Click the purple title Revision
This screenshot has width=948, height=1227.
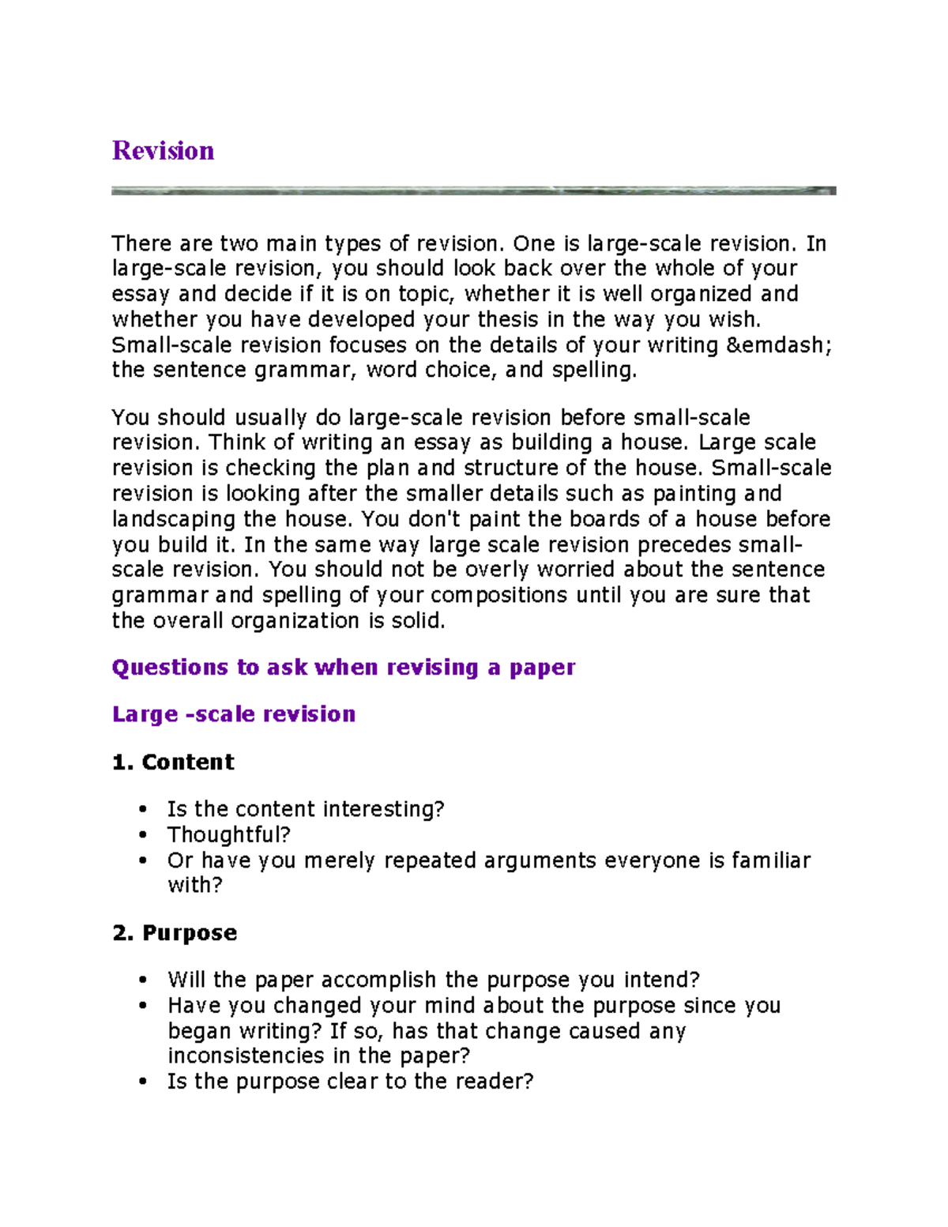tap(163, 150)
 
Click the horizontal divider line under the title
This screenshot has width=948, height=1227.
tap(473, 190)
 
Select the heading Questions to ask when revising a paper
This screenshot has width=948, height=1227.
tap(344, 668)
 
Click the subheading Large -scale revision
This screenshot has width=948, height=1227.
tap(234, 714)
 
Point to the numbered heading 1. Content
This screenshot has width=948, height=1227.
tap(173, 762)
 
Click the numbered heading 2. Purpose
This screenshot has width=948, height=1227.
tap(175, 933)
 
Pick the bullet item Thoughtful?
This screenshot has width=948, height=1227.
tap(229, 834)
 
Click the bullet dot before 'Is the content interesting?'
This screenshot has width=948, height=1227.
tap(143, 809)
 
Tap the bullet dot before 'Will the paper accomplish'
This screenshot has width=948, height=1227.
tap(143, 980)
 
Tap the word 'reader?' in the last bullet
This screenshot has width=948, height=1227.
tap(495, 1081)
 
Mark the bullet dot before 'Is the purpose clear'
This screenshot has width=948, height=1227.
tap(143, 1082)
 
